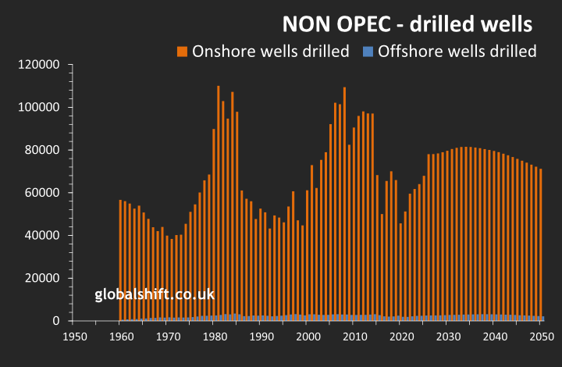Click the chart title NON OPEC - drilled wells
click(407, 24)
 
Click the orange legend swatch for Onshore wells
click(182, 52)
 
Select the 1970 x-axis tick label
click(166, 337)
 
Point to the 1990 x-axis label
click(261, 337)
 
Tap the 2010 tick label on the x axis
click(354, 337)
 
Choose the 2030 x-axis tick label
click(448, 337)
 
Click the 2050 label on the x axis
click(542, 337)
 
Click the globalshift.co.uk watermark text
click(155, 294)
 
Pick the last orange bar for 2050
click(540, 242)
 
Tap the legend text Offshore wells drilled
click(457, 52)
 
